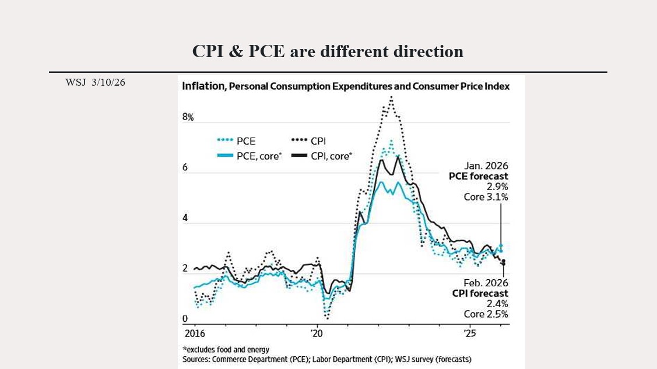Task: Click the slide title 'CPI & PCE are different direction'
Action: [328, 51]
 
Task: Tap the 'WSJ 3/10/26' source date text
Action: [95, 82]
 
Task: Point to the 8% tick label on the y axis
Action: [188, 117]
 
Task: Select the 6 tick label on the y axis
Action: [185, 167]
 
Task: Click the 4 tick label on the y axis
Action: [185, 218]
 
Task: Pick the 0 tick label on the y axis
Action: [185, 319]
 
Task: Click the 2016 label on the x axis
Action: [194, 334]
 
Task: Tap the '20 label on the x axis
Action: [317, 334]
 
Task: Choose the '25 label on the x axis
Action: [469, 334]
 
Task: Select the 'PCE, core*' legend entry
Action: [249, 156]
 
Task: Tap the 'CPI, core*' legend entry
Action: [322, 156]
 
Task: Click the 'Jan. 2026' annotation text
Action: [486, 166]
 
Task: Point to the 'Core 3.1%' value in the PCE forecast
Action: [486, 197]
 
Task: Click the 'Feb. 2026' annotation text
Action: [486, 283]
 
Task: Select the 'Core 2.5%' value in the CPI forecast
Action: [486, 314]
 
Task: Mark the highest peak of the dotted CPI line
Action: [391, 97]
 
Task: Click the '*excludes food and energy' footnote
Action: [226, 350]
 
